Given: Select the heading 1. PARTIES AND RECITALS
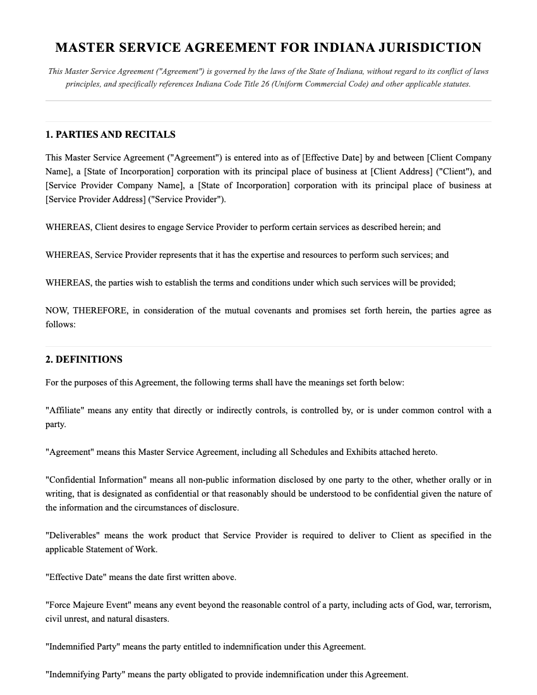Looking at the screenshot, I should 111,135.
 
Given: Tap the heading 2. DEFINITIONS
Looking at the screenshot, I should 84,360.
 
